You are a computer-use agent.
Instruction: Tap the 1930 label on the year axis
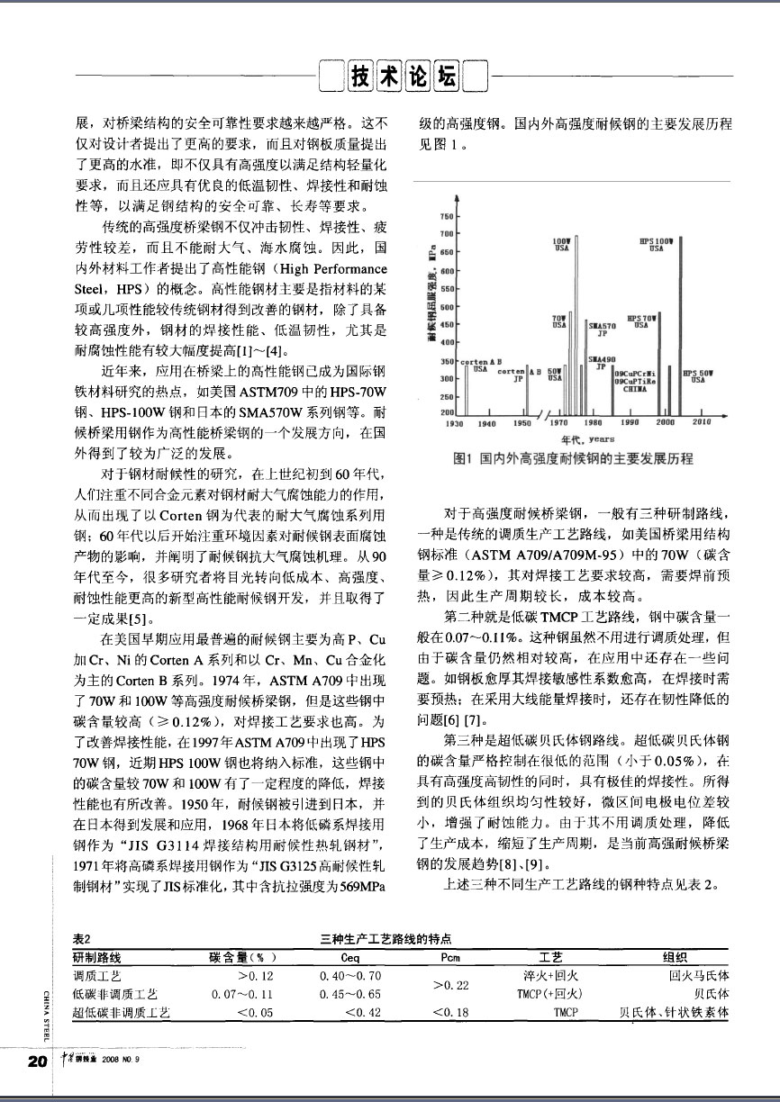[455, 421]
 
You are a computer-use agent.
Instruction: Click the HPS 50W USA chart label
[699, 377]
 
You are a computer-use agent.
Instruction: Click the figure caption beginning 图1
[575, 459]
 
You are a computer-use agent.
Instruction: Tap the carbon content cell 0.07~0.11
[241, 994]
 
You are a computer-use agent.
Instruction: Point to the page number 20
[38, 1061]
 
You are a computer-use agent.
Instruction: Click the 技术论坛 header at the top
[403, 77]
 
